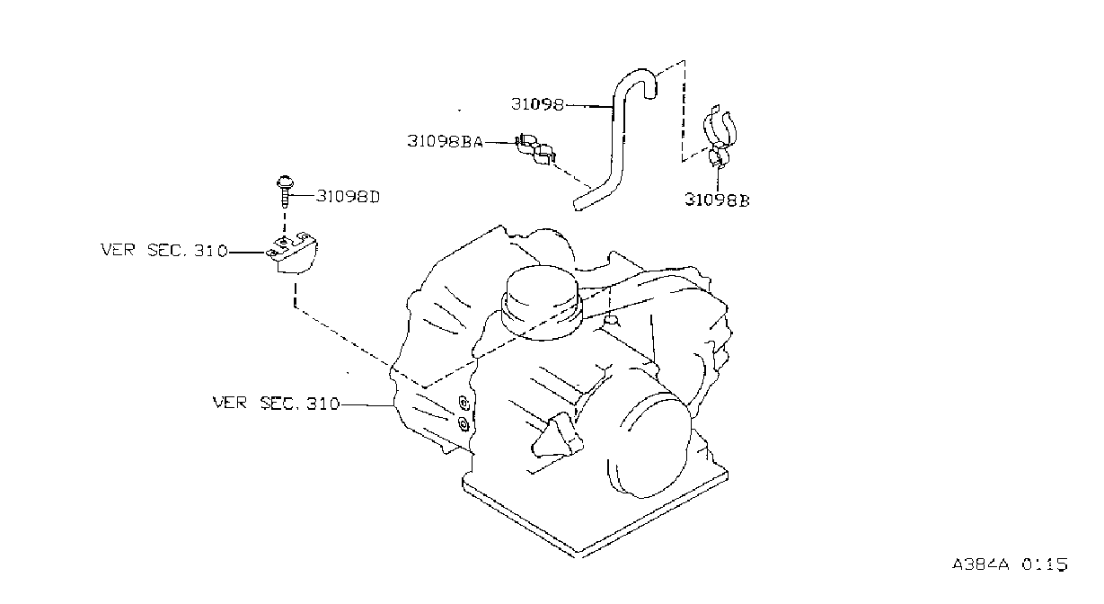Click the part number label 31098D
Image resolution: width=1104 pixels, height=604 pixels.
click(x=348, y=196)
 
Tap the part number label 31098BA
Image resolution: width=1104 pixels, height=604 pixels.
click(x=445, y=141)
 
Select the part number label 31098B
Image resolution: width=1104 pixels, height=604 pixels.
click(x=717, y=200)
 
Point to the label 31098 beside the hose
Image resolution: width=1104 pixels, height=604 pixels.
click(x=537, y=104)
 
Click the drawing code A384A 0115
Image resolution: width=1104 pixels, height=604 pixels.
click(x=1010, y=564)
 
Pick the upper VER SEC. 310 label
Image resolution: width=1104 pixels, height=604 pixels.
click(x=164, y=250)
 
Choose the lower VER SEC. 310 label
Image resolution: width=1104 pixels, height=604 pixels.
click(x=276, y=403)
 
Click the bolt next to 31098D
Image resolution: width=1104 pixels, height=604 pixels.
click(x=285, y=191)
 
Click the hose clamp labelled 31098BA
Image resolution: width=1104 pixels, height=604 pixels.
click(x=535, y=148)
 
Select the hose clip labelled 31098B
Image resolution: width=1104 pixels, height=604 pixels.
click(x=720, y=137)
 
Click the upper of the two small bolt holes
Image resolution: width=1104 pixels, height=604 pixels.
click(x=464, y=403)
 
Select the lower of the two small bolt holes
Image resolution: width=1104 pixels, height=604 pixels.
click(x=464, y=423)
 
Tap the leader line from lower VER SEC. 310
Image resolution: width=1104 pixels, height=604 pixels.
click(x=367, y=404)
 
